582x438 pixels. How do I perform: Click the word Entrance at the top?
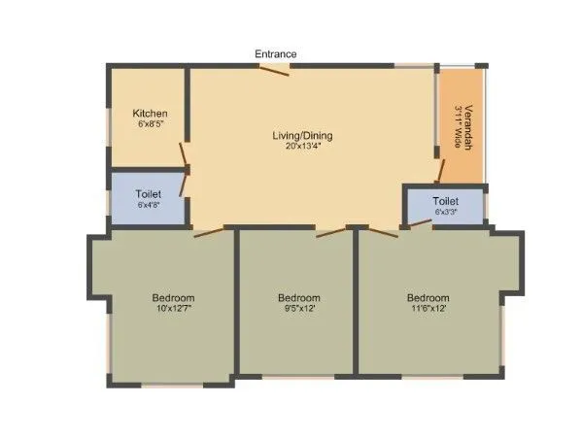point(276,54)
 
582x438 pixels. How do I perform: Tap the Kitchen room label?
point(151,114)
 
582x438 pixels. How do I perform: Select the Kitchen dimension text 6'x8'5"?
point(151,125)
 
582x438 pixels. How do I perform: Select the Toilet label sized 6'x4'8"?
point(149,194)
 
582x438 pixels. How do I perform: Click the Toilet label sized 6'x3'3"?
point(446,201)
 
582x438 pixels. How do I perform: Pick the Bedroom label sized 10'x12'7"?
point(173,297)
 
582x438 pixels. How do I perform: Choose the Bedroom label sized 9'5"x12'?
point(298,297)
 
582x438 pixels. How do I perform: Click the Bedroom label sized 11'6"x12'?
point(428,297)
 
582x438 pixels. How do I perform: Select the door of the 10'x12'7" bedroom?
point(209,232)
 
